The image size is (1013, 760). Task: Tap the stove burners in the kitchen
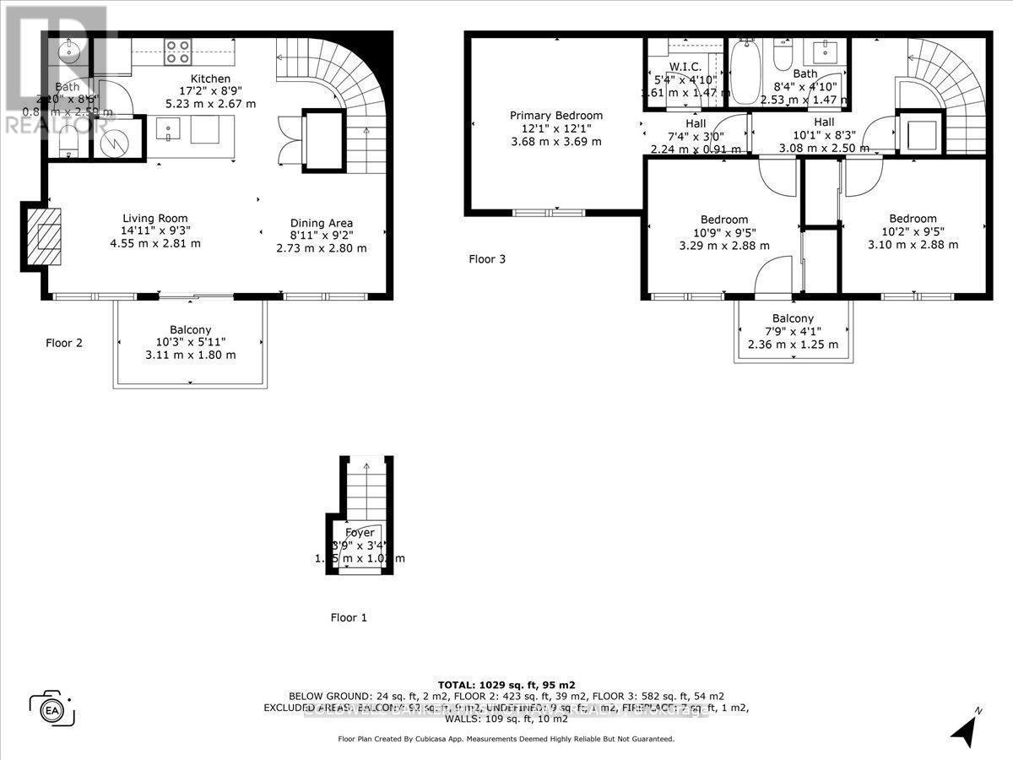(176, 52)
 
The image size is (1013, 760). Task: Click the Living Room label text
(155, 218)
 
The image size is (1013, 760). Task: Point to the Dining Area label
(321, 223)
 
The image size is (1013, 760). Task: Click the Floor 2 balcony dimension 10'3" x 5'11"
(190, 342)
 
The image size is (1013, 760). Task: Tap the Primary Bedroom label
(556, 116)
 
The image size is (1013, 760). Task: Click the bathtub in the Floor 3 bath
(744, 74)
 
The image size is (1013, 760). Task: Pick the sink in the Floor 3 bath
(824, 52)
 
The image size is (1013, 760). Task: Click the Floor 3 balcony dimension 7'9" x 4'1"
(793, 331)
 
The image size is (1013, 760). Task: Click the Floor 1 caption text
(349, 617)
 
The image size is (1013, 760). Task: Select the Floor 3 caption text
(487, 259)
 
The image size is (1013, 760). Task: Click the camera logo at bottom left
(52, 707)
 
